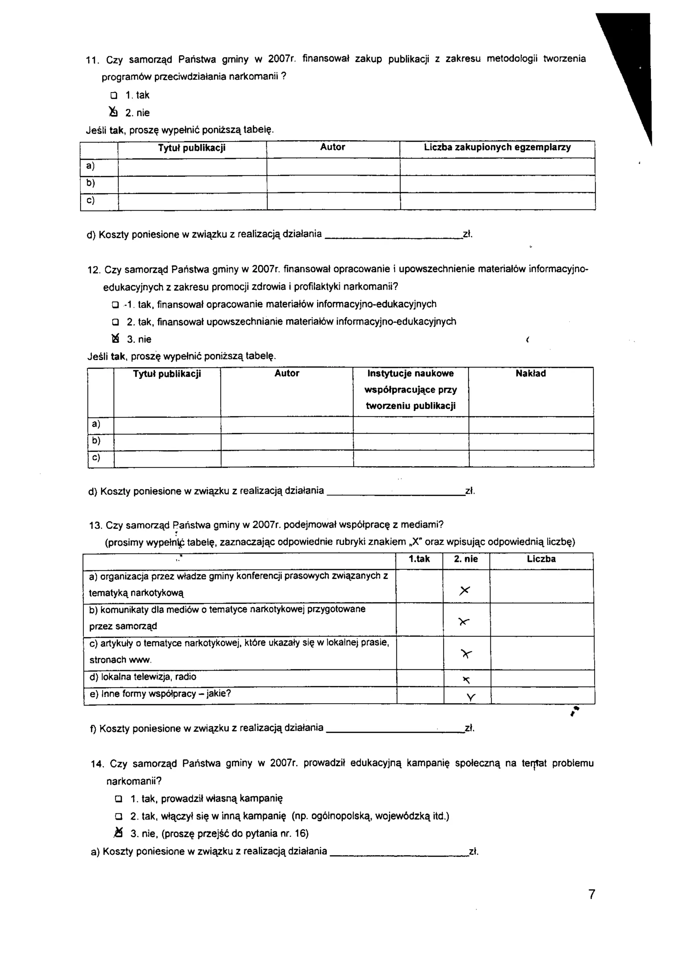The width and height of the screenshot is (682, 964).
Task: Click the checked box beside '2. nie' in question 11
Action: (x=113, y=112)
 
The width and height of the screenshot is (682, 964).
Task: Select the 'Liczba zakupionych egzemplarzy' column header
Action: (x=497, y=147)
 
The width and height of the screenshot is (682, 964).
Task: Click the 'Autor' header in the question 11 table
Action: (x=332, y=147)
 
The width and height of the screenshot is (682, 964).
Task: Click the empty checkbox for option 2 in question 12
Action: (x=115, y=322)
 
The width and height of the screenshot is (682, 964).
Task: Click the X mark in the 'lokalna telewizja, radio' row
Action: (x=466, y=680)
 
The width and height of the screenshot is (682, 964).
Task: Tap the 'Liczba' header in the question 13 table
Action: (x=541, y=559)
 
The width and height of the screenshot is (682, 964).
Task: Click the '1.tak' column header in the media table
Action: (x=419, y=559)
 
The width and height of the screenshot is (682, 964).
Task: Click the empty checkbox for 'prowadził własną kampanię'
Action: (x=119, y=798)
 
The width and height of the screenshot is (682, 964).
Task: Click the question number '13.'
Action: (x=96, y=525)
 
